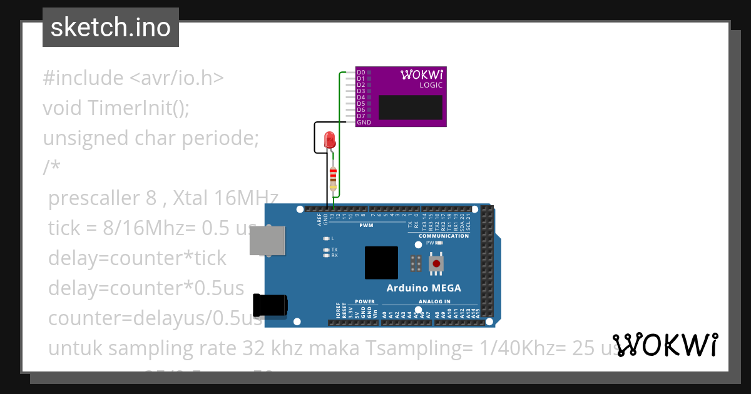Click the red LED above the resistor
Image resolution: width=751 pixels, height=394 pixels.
(329, 140)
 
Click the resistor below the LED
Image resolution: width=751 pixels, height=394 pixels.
(333, 178)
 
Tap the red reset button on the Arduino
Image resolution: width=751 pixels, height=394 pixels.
(436, 265)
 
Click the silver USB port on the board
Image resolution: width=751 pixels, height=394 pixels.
(267, 240)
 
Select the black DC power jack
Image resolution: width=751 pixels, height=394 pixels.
(270, 305)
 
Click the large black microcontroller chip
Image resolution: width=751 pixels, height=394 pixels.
(381, 263)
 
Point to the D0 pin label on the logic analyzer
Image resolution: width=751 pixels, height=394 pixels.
(360, 73)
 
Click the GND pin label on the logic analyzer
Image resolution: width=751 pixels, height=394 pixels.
(363, 123)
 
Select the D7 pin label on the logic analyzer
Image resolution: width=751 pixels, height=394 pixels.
(360, 116)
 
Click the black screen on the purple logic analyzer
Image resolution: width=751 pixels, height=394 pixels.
(411, 107)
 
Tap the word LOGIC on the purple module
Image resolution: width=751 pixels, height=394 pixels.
(431, 85)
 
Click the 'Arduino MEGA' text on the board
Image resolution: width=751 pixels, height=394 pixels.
(424, 288)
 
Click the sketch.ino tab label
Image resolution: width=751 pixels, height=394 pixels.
(111, 28)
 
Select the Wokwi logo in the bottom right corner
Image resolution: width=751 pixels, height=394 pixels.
(665, 345)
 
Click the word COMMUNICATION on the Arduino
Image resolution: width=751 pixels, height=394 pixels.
(444, 236)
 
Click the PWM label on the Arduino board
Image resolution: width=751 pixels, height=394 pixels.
(366, 225)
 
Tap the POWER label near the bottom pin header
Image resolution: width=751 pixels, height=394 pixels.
(364, 301)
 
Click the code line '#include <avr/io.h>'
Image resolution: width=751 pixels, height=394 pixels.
(133, 78)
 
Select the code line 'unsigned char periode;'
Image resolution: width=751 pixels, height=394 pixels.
(150, 138)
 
